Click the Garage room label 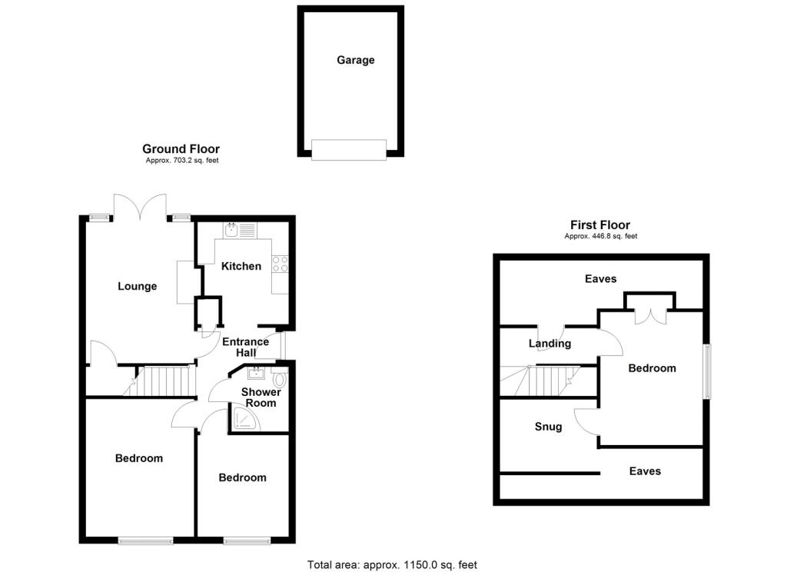[355, 60]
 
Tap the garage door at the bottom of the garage [349, 149]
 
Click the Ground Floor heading [181, 149]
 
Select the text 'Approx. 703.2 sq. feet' [181, 161]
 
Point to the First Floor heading [600, 224]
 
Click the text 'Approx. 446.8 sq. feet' [600, 236]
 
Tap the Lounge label [137, 287]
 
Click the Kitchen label [241, 267]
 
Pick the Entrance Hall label [245, 347]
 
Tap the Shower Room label [261, 397]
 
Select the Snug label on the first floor [548, 427]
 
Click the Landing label [550, 344]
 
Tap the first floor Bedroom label [652, 368]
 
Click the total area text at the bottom [392, 565]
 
